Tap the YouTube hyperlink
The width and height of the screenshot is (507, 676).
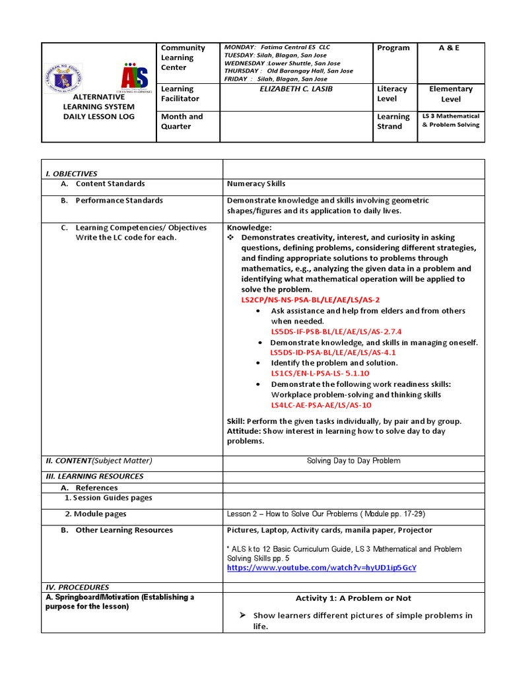(321, 567)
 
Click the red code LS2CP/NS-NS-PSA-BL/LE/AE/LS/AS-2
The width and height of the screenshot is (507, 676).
(310, 300)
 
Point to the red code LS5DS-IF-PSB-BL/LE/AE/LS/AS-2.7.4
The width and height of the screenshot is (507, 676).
(336, 331)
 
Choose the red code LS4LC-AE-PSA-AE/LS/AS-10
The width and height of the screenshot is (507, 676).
(321, 405)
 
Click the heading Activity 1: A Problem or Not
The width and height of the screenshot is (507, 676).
(353, 598)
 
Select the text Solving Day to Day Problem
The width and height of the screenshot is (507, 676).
(353, 461)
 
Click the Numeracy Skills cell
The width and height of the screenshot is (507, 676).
(256, 184)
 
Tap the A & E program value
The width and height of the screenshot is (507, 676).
(451, 48)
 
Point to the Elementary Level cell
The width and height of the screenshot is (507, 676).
(451, 94)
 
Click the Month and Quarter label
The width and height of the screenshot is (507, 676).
(182, 121)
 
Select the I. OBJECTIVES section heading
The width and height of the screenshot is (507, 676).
(71, 174)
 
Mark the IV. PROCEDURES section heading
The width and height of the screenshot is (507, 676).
(77, 587)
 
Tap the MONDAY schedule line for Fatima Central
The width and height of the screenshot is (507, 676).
(277, 48)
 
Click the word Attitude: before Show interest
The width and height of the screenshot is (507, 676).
(245, 431)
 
